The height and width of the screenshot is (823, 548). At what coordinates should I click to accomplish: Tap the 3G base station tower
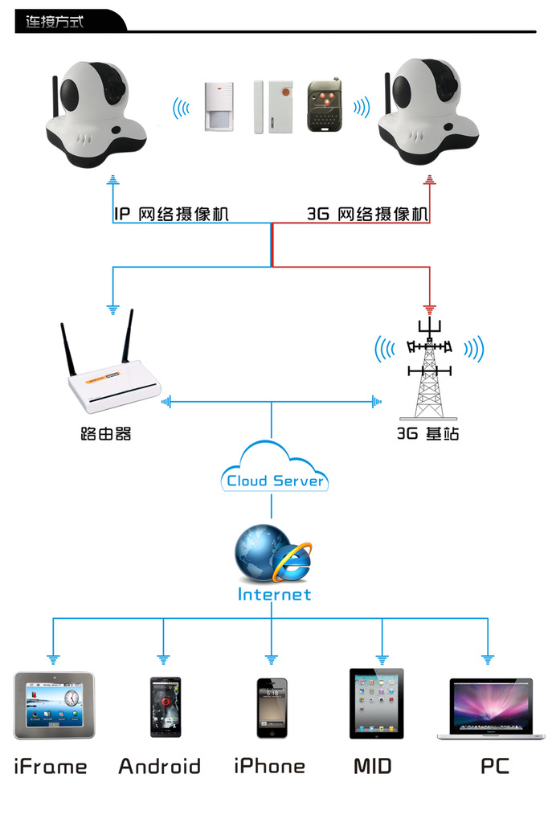click(x=430, y=370)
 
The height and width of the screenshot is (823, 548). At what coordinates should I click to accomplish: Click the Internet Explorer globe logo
click(x=273, y=555)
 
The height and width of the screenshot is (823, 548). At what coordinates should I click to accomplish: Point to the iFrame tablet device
click(x=54, y=706)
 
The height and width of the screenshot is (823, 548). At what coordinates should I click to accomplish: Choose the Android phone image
click(x=165, y=707)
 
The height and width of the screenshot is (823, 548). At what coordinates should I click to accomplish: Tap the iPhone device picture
click(x=272, y=707)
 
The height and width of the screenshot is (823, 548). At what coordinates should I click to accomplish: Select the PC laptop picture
click(x=489, y=707)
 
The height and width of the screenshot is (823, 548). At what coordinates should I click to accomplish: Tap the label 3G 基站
click(x=428, y=434)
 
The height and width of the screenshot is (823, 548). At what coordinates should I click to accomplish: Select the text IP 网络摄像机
click(x=171, y=214)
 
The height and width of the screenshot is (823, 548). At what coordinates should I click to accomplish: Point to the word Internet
click(x=274, y=595)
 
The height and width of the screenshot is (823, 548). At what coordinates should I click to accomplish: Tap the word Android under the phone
click(x=159, y=766)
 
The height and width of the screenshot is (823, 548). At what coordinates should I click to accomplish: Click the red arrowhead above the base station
click(x=430, y=308)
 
